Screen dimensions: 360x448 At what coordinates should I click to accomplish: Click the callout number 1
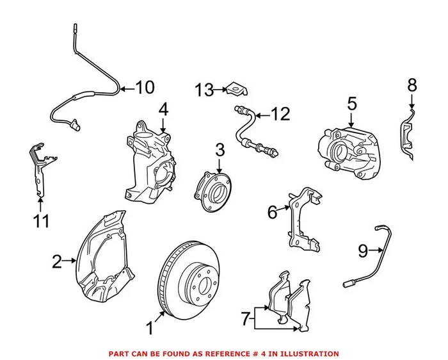click(149, 329)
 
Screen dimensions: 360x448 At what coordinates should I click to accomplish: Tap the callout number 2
click(56, 261)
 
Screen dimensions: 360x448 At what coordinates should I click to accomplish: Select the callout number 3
click(220, 151)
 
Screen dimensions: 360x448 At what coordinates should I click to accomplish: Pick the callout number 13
click(204, 91)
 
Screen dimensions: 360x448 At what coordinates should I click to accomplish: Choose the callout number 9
click(363, 251)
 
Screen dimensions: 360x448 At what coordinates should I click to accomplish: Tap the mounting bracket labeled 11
click(40, 166)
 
